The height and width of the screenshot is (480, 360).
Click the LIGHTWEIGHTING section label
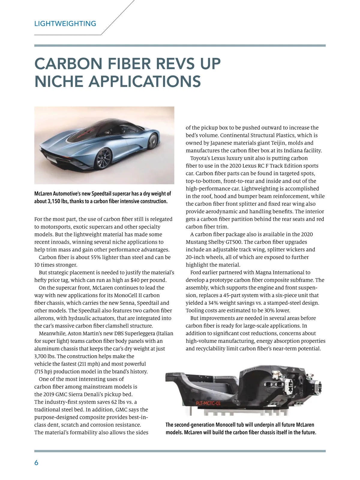point(65,24)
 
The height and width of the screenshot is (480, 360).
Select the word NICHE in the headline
point(59,81)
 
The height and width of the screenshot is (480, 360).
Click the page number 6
point(36,463)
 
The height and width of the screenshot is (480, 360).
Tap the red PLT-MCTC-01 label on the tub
point(208,403)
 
